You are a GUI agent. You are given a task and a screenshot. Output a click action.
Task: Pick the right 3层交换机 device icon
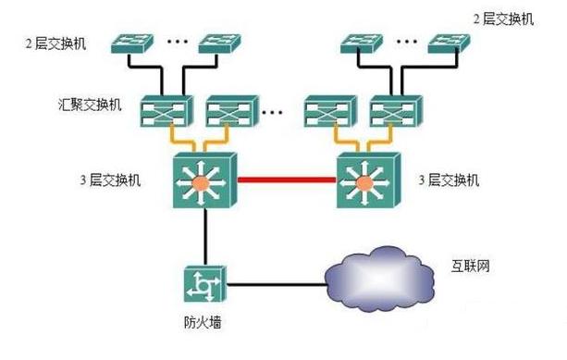365,180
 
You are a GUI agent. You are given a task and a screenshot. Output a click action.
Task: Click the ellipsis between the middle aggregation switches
273,114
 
